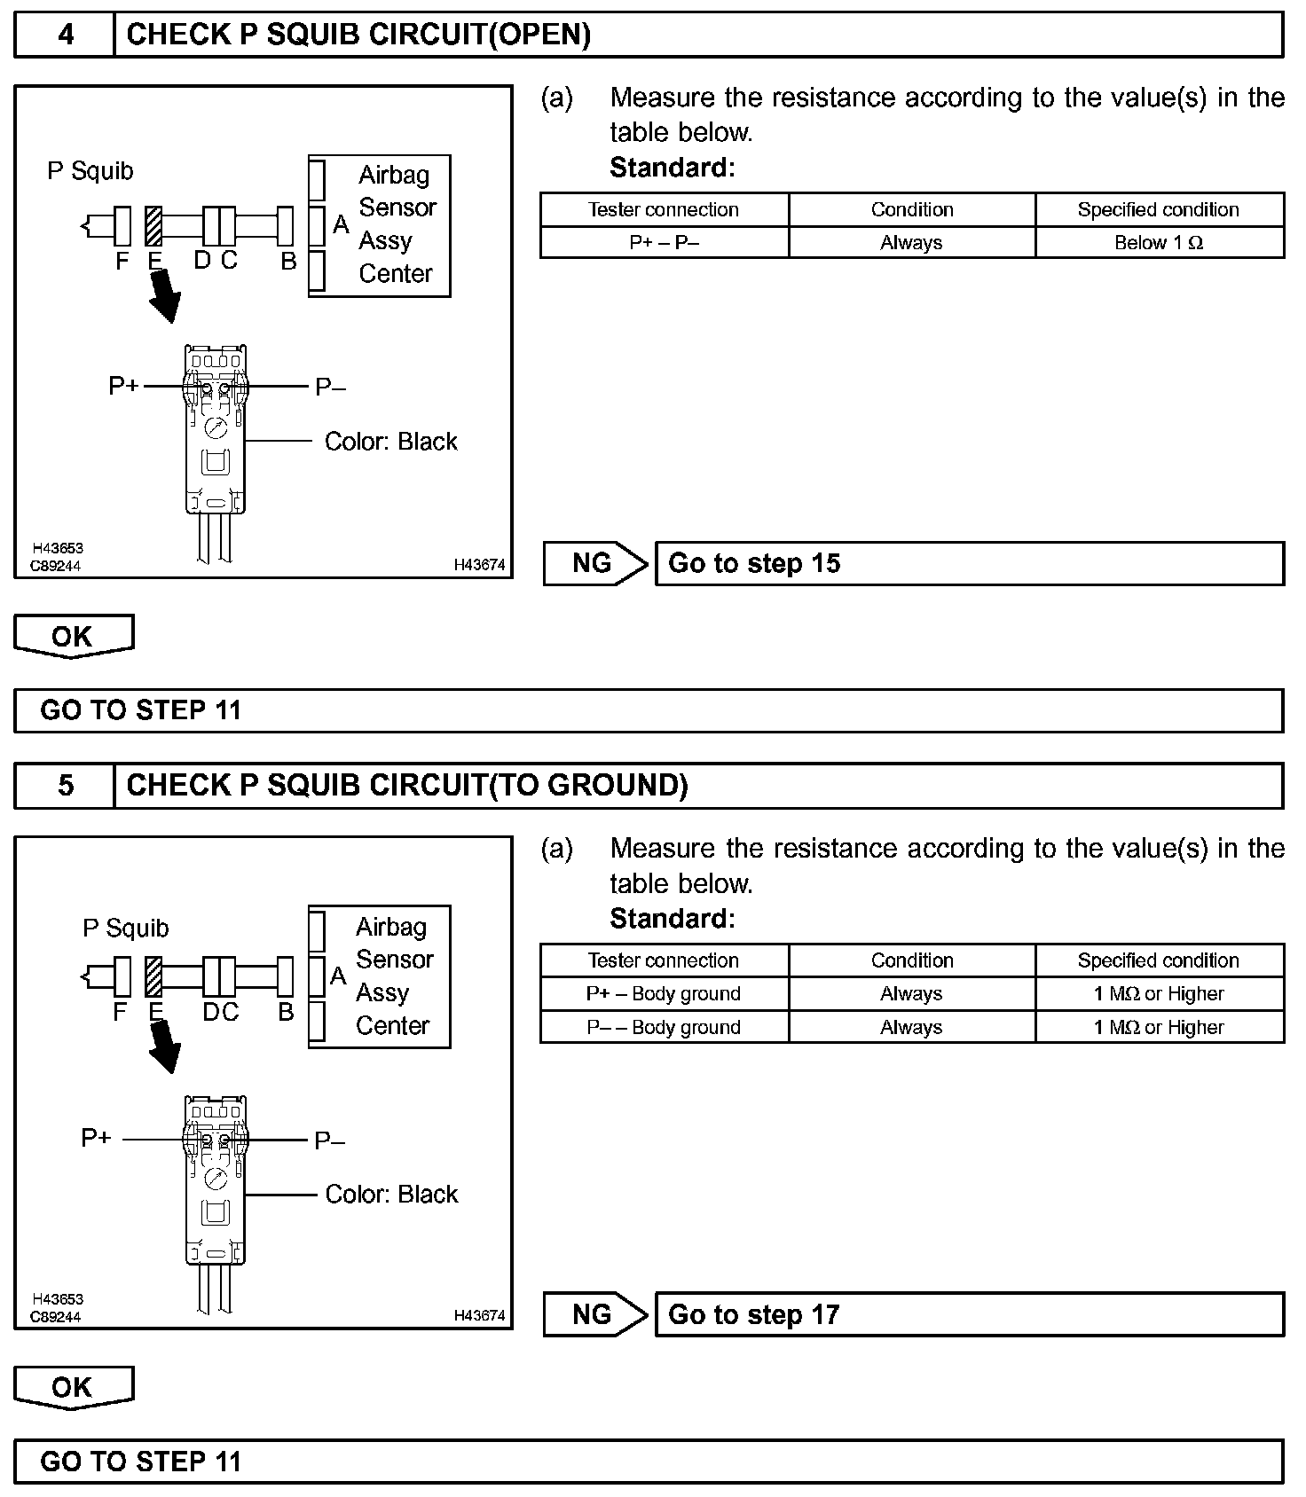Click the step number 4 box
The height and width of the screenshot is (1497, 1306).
pyautogui.click(x=65, y=35)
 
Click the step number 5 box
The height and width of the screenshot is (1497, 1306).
pyautogui.click(x=65, y=786)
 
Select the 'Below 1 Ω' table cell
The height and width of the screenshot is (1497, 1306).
pyautogui.click(x=1159, y=243)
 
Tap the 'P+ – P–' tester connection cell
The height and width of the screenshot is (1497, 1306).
pyautogui.click(x=664, y=243)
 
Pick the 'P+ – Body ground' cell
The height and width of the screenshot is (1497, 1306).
pyautogui.click(x=664, y=994)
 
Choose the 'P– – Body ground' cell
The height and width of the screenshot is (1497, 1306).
pyautogui.click(x=664, y=1028)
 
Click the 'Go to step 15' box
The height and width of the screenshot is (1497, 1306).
pyautogui.click(x=969, y=564)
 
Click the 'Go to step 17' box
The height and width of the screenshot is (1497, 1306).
pyautogui.click(x=969, y=1315)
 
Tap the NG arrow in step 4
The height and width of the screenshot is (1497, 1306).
pyautogui.click(x=594, y=564)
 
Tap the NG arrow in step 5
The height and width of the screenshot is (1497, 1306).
pyautogui.click(x=594, y=1315)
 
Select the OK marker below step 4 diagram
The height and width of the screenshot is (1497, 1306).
pyautogui.click(x=73, y=637)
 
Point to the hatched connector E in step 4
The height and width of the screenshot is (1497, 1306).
pyautogui.click(x=153, y=226)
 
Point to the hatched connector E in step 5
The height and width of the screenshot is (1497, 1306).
pyautogui.click(x=153, y=976)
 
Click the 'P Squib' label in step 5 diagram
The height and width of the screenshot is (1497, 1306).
pyautogui.click(x=125, y=929)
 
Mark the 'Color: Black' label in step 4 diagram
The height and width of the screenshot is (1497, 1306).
pyautogui.click(x=390, y=442)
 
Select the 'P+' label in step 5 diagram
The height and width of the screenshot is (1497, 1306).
pyautogui.click(x=96, y=1138)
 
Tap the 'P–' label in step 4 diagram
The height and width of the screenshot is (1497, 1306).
pyautogui.click(x=330, y=388)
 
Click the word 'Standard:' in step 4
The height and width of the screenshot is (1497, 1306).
pyautogui.click(x=672, y=168)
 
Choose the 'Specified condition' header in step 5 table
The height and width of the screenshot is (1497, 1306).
pyautogui.click(x=1159, y=960)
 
